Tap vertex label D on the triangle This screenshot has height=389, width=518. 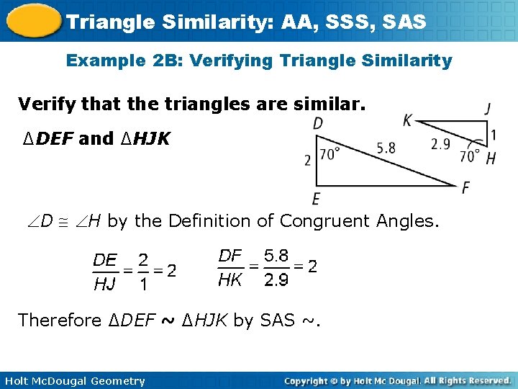pos(318,124)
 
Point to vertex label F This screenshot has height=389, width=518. pos(466,187)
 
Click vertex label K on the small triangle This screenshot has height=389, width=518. pos(407,120)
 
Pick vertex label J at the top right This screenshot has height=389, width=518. pos(489,109)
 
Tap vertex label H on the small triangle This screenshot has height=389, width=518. pos(491,158)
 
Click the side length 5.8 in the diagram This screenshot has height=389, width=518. pos(386,148)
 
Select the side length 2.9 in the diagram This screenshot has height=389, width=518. pos(440,144)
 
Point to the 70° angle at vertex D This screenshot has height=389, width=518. pos(329,154)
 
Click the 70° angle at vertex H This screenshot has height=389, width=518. pos(470,156)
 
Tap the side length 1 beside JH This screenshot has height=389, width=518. pos(493,135)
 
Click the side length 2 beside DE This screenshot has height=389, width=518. pos(308,159)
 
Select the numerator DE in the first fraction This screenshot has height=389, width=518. pos(105,259)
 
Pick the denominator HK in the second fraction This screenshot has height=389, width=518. pos(230,280)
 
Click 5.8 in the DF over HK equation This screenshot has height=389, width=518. pos(276,255)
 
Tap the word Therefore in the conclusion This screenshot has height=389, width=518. pos(60,320)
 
